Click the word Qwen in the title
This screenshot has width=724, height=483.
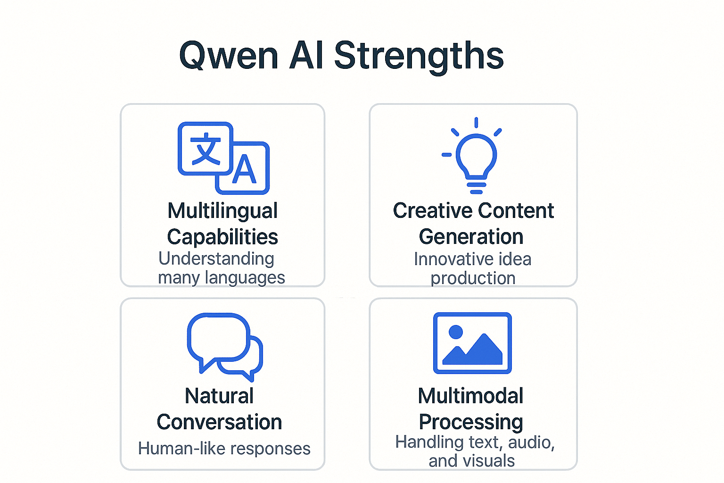tap(229, 56)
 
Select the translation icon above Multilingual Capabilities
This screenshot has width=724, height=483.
tap(224, 158)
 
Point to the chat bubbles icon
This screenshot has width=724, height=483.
tap(225, 347)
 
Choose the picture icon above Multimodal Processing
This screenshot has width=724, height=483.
tap(472, 343)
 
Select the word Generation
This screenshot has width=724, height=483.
tap(471, 237)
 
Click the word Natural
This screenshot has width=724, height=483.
tap(220, 396)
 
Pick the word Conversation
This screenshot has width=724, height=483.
tap(220, 422)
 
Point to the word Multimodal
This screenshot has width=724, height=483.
tap(470, 396)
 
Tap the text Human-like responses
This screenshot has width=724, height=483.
tap(224, 449)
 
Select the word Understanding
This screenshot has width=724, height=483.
tap(216, 259)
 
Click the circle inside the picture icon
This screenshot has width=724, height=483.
tap(456, 332)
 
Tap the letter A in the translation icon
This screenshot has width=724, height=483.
tap(244, 169)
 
